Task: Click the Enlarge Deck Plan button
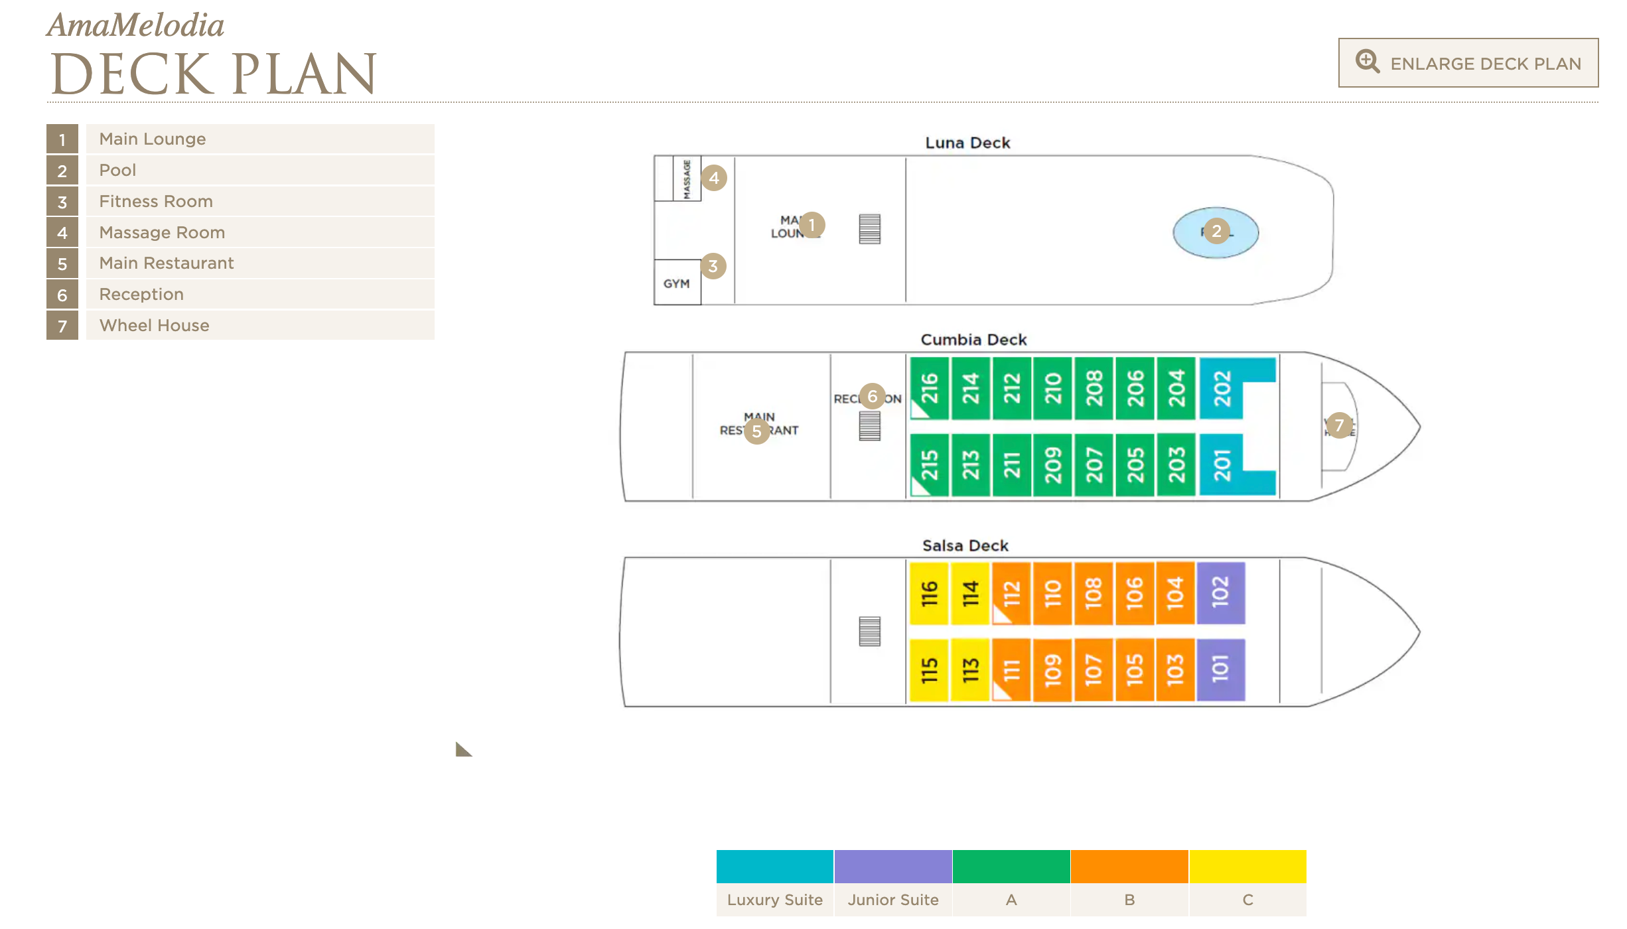1468,63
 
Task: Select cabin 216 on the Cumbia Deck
929,388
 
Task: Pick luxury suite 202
1222,388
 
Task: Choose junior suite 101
1221,670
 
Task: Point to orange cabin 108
1094,593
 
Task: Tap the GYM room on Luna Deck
677,283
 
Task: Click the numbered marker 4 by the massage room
714,178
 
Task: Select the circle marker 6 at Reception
873,397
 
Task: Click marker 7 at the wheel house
1339,425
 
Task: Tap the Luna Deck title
967,143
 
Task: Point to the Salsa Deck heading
965,545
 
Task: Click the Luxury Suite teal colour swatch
774,867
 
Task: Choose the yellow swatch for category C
1247,867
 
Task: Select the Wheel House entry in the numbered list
154,326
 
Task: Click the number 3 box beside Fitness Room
62,202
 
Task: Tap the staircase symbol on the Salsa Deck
869,631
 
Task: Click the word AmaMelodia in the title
136,25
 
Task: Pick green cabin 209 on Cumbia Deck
1053,465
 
